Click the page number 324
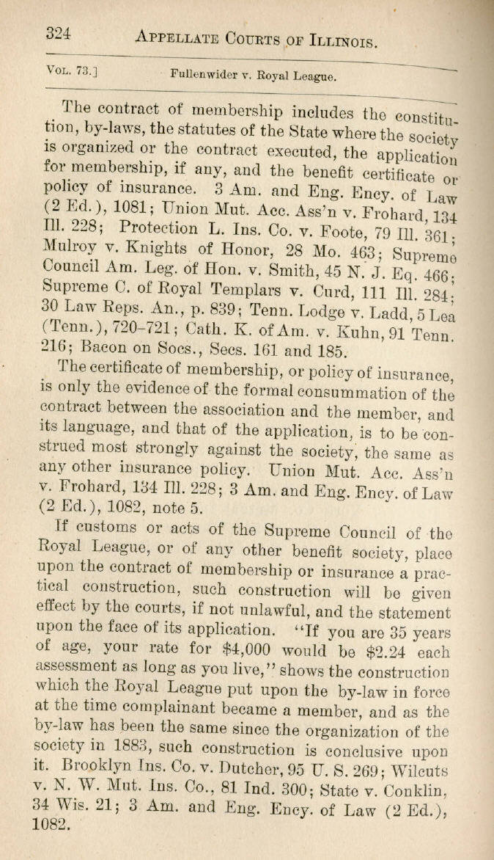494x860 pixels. coord(62,33)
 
